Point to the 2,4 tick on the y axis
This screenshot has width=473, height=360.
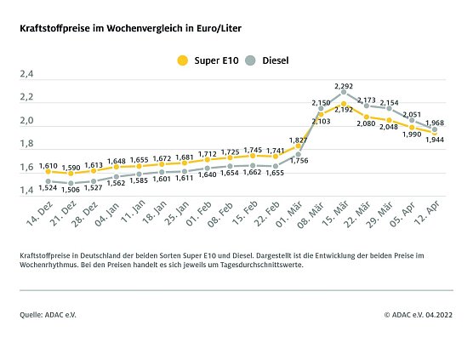(26, 75)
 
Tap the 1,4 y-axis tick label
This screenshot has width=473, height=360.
(26, 191)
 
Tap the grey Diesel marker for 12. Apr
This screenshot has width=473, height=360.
(435, 129)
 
